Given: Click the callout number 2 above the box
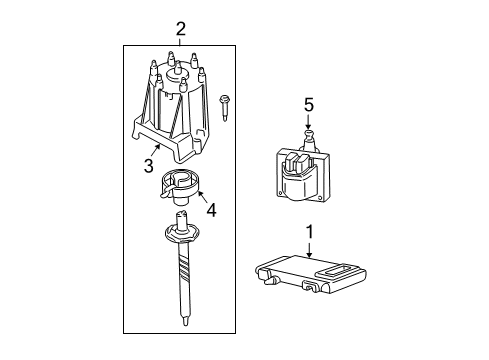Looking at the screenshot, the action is (x=180, y=29).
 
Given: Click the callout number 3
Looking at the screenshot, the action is (x=149, y=165).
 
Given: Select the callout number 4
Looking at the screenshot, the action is (x=211, y=210).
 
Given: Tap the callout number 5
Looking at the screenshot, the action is (x=309, y=105).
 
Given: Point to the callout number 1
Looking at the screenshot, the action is (x=310, y=232).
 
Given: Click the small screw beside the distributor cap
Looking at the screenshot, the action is (x=224, y=108).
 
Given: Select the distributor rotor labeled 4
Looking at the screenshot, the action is (x=179, y=187).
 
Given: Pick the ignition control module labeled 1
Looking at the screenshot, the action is (x=310, y=274).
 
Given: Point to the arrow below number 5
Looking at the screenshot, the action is (x=308, y=122).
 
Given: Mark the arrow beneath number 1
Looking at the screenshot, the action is (x=310, y=250).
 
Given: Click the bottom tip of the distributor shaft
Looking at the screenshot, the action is (x=185, y=322).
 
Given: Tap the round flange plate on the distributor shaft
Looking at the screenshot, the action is (x=182, y=234).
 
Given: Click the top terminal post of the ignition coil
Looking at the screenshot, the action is (x=309, y=137).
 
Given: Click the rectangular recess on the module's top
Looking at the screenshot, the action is (x=337, y=269).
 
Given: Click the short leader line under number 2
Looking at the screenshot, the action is (x=180, y=42).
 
